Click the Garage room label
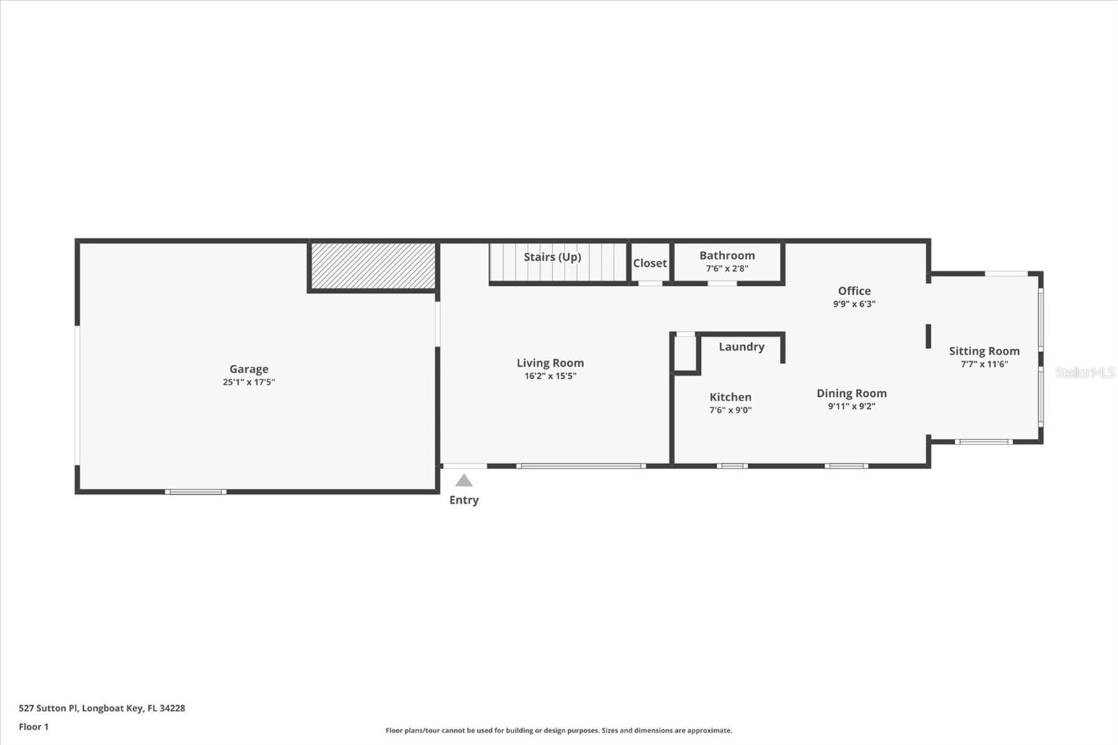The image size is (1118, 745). (249, 369)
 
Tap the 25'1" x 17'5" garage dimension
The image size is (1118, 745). (249, 382)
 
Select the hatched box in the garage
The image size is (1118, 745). (373, 266)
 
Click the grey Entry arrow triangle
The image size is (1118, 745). (464, 481)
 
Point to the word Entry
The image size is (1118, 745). (464, 500)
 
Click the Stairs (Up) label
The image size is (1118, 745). (552, 256)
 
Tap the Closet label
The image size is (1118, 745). (650, 263)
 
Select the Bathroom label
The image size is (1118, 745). (727, 255)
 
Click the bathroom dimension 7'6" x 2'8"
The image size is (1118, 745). (727, 268)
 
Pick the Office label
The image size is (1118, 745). (854, 291)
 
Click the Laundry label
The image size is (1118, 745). (741, 347)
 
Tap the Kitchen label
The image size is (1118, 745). (730, 397)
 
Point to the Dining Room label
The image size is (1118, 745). (851, 393)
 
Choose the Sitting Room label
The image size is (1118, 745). (984, 351)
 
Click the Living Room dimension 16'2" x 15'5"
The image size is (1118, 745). (550, 376)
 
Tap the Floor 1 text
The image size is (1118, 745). (34, 727)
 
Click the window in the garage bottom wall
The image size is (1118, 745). (196, 492)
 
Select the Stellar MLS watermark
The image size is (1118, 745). (1084, 372)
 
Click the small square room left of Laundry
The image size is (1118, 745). (685, 354)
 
